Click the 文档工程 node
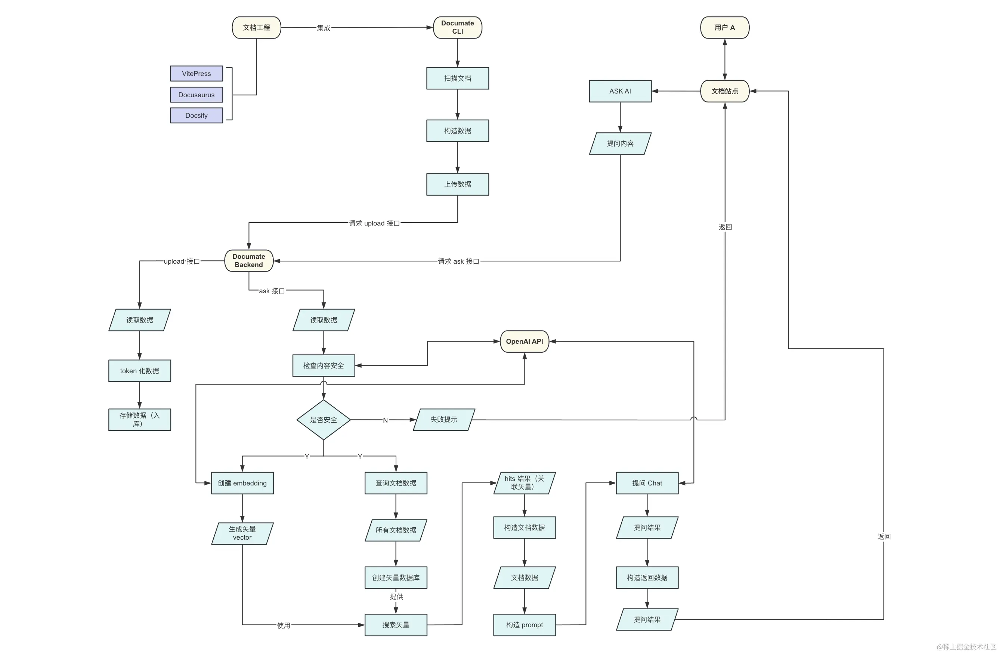pos(256,28)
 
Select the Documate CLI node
pos(457,28)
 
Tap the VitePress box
pos(197,74)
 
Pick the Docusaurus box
pos(197,95)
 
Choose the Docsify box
pos(197,116)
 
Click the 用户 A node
pos(724,28)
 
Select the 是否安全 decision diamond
pos(323,420)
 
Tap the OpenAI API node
pos(524,341)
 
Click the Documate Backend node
pos(248,261)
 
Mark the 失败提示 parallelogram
pos(444,419)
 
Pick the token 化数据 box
pos(139,371)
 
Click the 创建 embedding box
pos(242,483)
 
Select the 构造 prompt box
pos(524,625)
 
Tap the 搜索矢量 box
pos(395,625)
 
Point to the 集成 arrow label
pos(323,28)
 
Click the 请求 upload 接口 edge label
pos(374,223)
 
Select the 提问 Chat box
pos(647,483)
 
